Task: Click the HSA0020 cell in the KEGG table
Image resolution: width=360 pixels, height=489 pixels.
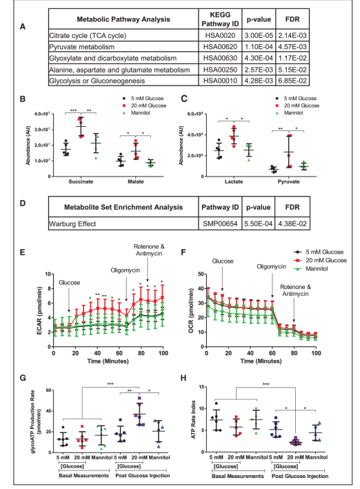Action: click(x=220, y=36)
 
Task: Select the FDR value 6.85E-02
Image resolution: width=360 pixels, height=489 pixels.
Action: click(x=292, y=81)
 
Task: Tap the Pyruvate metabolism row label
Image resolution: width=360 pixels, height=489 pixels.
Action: click(x=82, y=47)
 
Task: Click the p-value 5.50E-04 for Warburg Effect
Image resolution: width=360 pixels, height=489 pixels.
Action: click(x=259, y=223)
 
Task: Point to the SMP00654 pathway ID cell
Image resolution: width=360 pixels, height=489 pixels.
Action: click(x=220, y=223)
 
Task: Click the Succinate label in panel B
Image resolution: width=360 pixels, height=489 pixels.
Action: click(x=81, y=181)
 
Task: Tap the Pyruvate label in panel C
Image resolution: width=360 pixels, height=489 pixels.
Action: click(x=288, y=181)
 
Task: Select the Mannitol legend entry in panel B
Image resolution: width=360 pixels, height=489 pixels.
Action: click(x=137, y=113)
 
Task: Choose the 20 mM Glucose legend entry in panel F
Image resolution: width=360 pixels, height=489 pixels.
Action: click(x=321, y=261)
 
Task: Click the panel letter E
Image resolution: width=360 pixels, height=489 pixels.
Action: click(x=23, y=252)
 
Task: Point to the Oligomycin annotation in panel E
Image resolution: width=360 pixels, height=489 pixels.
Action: click(x=126, y=270)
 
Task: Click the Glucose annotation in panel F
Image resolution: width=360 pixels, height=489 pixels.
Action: click(x=223, y=261)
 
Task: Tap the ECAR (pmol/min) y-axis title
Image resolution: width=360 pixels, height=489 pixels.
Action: click(x=39, y=310)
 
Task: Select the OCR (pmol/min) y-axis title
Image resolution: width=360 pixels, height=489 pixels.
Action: click(x=192, y=310)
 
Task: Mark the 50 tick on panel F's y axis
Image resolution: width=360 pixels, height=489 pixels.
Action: click(x=201, y=274)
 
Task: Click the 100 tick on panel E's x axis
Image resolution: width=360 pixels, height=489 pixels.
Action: click(x=163, y=353)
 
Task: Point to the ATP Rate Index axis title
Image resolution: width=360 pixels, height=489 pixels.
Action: click(x=193, y=419)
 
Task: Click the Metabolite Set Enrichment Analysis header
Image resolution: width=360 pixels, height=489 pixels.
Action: click(x=123, y=208)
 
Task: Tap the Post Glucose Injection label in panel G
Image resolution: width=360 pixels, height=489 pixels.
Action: click(x=143, y=476)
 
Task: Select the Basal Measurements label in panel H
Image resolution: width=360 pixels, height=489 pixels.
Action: click(x=238, y=476)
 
